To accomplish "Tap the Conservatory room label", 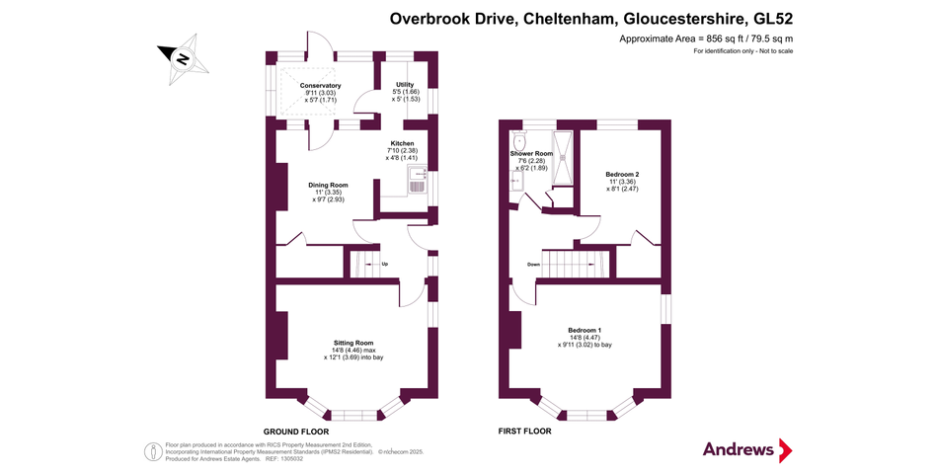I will pyautogui.click(x=319, y=86).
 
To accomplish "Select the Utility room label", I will pyautogui.click(x=405, y=85).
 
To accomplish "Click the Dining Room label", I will pyautogui.click(x=328, y=185).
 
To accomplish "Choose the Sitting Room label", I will pyautogui.click(x=353, y=342).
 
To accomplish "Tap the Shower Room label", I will pyautogui.click(x=531, y=154).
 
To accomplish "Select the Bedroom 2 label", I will pyautogui.click(x=623, y=175).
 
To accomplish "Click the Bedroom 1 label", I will pyautogui.click(x=585, y=329).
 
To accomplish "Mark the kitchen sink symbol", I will pyautogui.click(x=417, y=183).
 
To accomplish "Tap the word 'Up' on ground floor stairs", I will pyautogui.click(x=384, y=264).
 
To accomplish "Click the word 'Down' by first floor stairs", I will pyautogui.click(x=533, y=265).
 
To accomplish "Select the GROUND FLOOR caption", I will pyautogui.click(x=295, y=432).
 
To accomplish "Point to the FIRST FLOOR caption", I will pyautogui.click(x=525, y=432).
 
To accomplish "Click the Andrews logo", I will pyautogui.click(x=746, y=450).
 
